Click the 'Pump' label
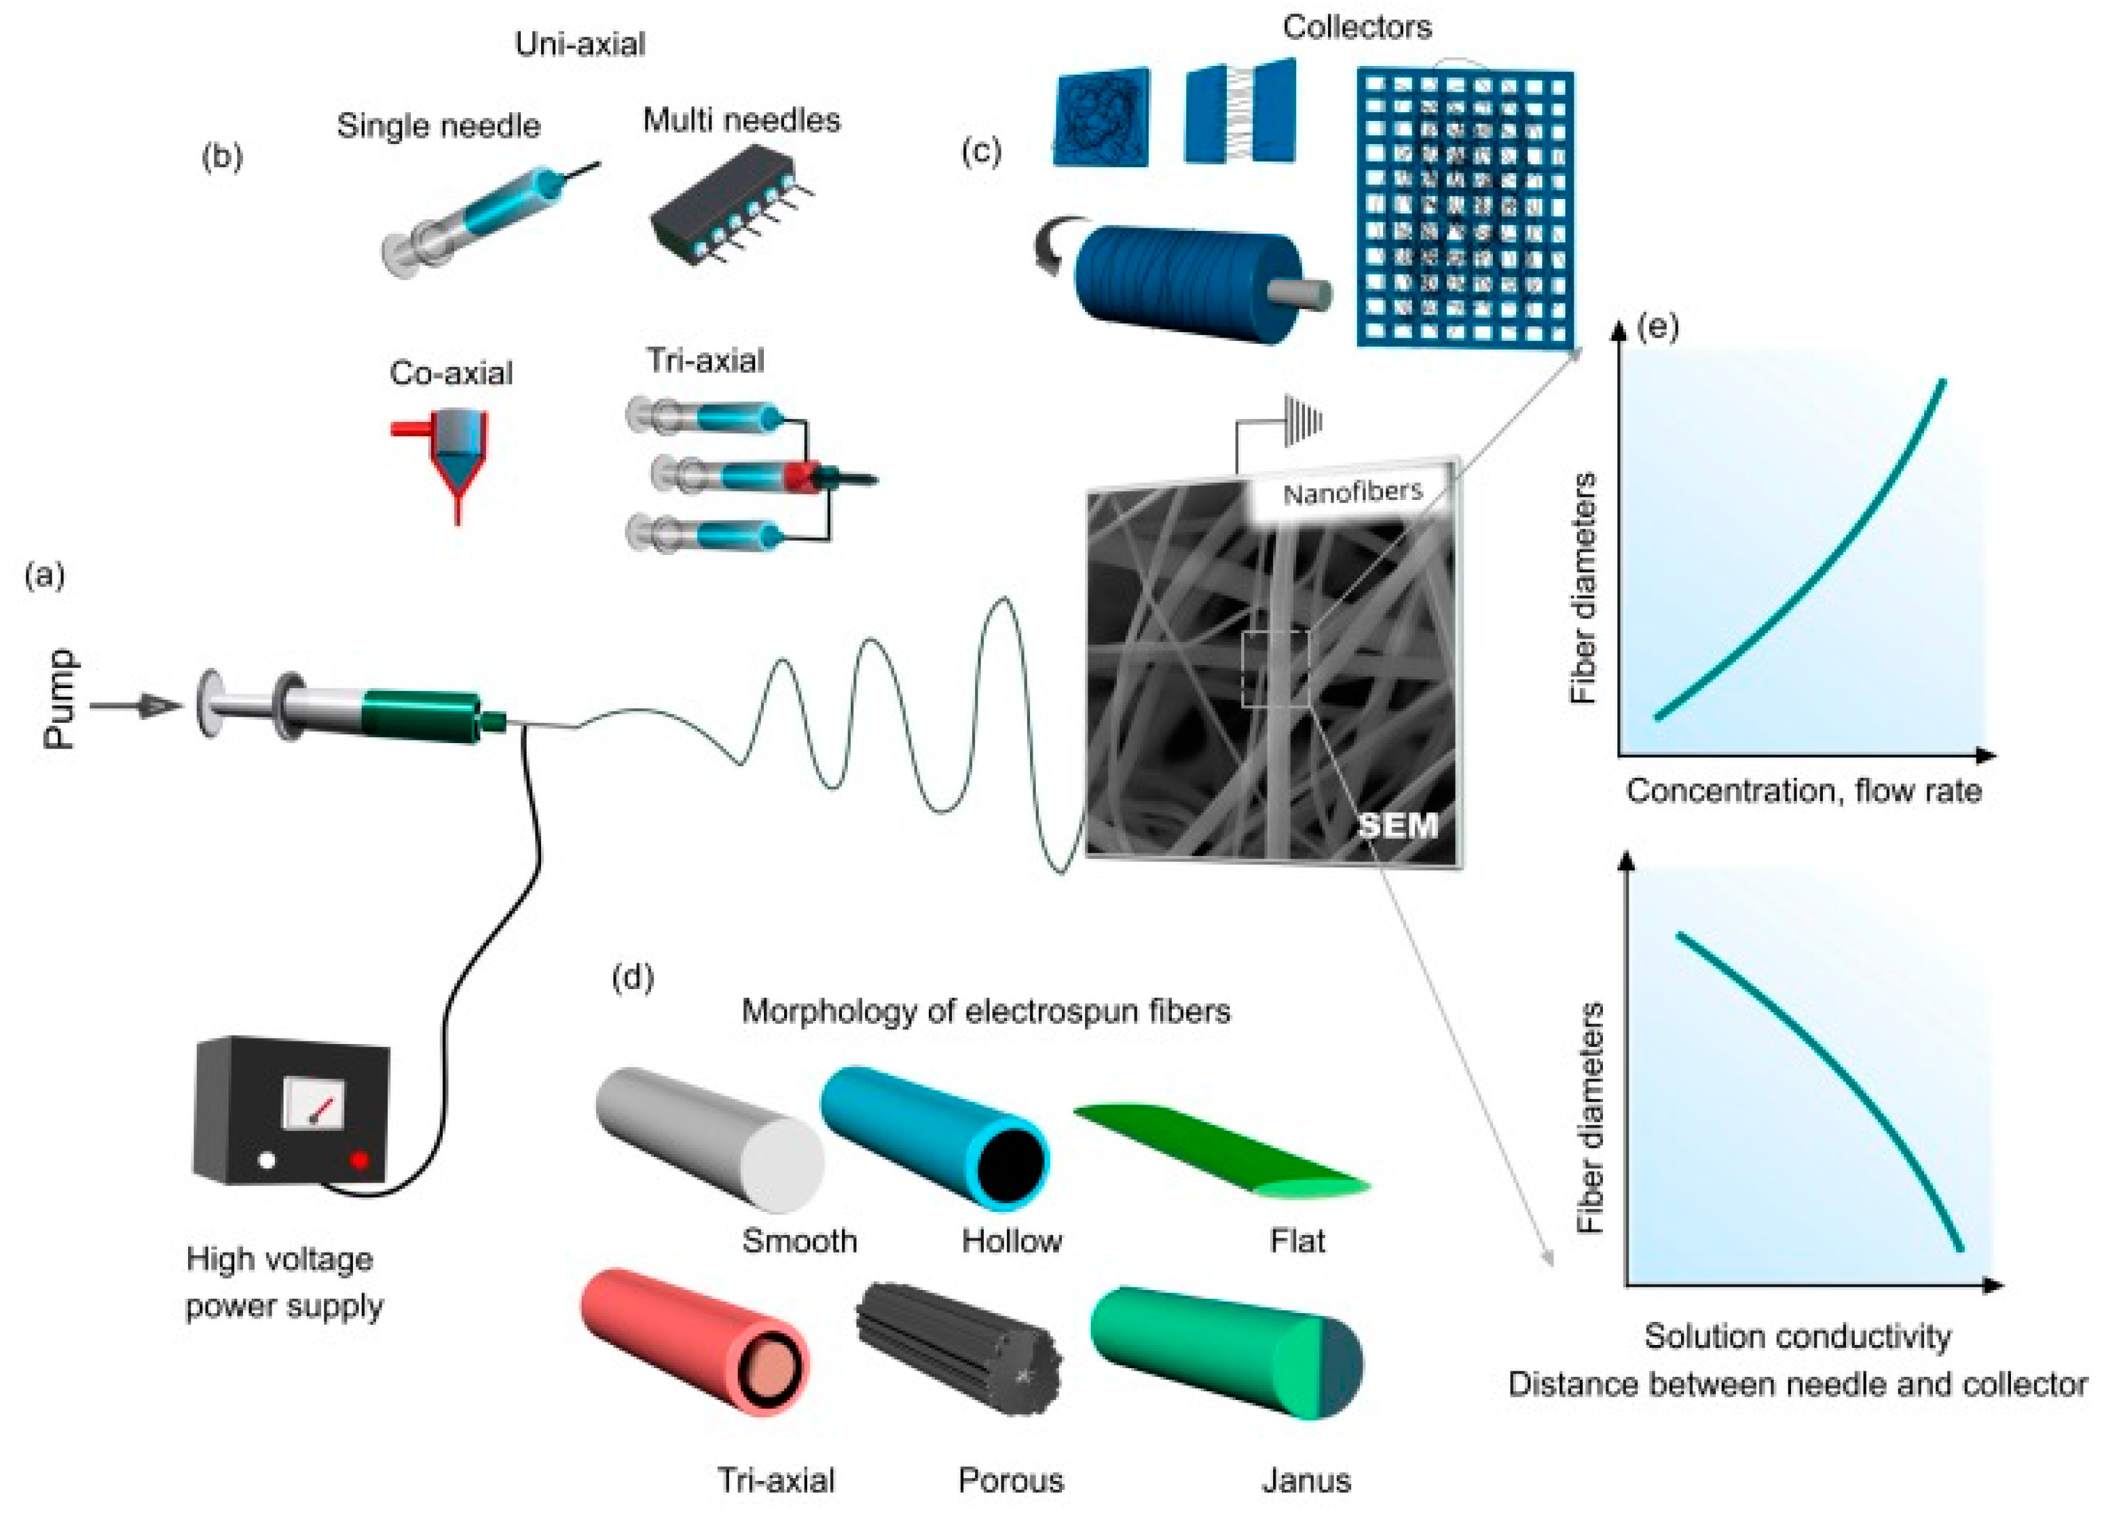(60, 698)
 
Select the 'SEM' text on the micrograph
(1397, 824)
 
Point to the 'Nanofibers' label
(1352, 492)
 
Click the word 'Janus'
(1306, 1480)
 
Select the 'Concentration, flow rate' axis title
(1803, 791)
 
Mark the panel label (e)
(1659, 326)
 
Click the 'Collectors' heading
(1356, 27)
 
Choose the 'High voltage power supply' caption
(284, 1282)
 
